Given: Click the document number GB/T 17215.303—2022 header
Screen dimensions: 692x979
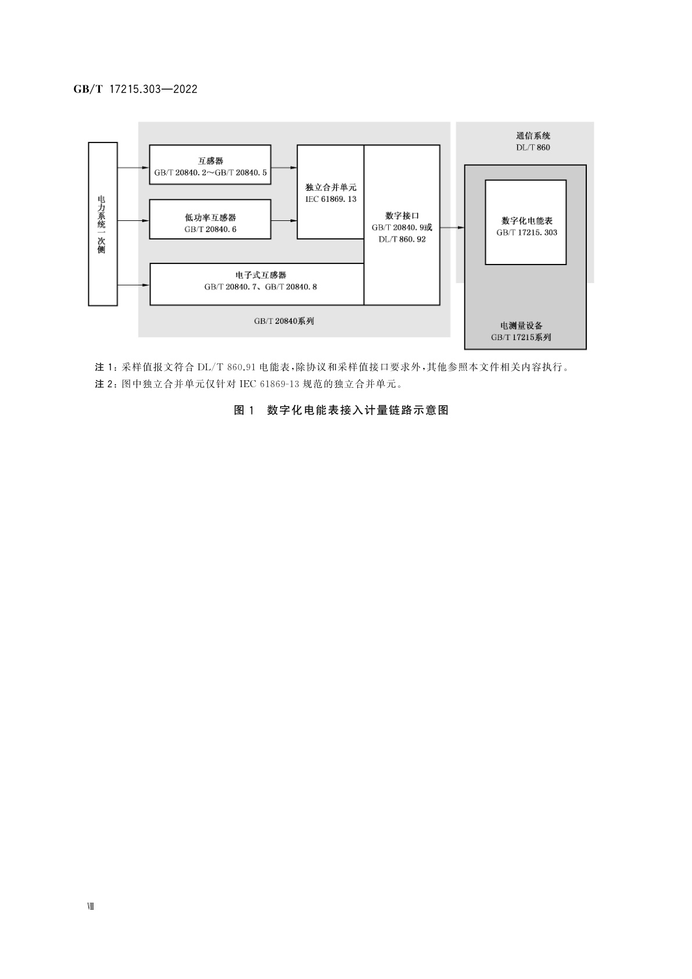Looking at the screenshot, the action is coord(135,89).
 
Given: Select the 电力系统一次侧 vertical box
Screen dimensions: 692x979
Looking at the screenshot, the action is coord(102,224).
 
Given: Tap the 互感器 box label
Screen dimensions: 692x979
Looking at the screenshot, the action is coord(210,161).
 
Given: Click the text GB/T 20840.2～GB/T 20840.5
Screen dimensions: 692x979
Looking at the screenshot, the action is coord(210,173).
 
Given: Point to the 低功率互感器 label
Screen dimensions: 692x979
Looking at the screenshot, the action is coord(210,217).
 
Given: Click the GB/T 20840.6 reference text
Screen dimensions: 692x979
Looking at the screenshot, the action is coord(210,229).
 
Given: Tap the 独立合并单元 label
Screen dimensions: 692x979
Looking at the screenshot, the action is coord(331,187).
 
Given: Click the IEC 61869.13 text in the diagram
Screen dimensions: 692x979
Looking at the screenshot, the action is coord(331,199).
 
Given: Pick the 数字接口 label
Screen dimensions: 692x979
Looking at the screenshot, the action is coord(402,216).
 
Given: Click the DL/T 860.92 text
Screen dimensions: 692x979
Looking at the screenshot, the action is coord(402,239).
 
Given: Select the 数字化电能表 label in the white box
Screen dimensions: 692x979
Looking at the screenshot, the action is coord(526,221).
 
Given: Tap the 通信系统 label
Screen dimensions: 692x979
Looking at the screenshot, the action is coord(533,136).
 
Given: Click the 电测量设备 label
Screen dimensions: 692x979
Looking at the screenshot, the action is coord(521,326).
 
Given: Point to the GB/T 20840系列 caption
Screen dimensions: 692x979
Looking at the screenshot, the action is coord(284,321).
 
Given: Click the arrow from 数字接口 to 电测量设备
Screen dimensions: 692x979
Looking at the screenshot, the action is coord(452,227).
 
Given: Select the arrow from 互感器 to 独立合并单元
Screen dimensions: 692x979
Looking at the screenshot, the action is coord(284,168).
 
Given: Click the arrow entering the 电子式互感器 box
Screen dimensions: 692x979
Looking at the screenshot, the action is coord(134,285).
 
